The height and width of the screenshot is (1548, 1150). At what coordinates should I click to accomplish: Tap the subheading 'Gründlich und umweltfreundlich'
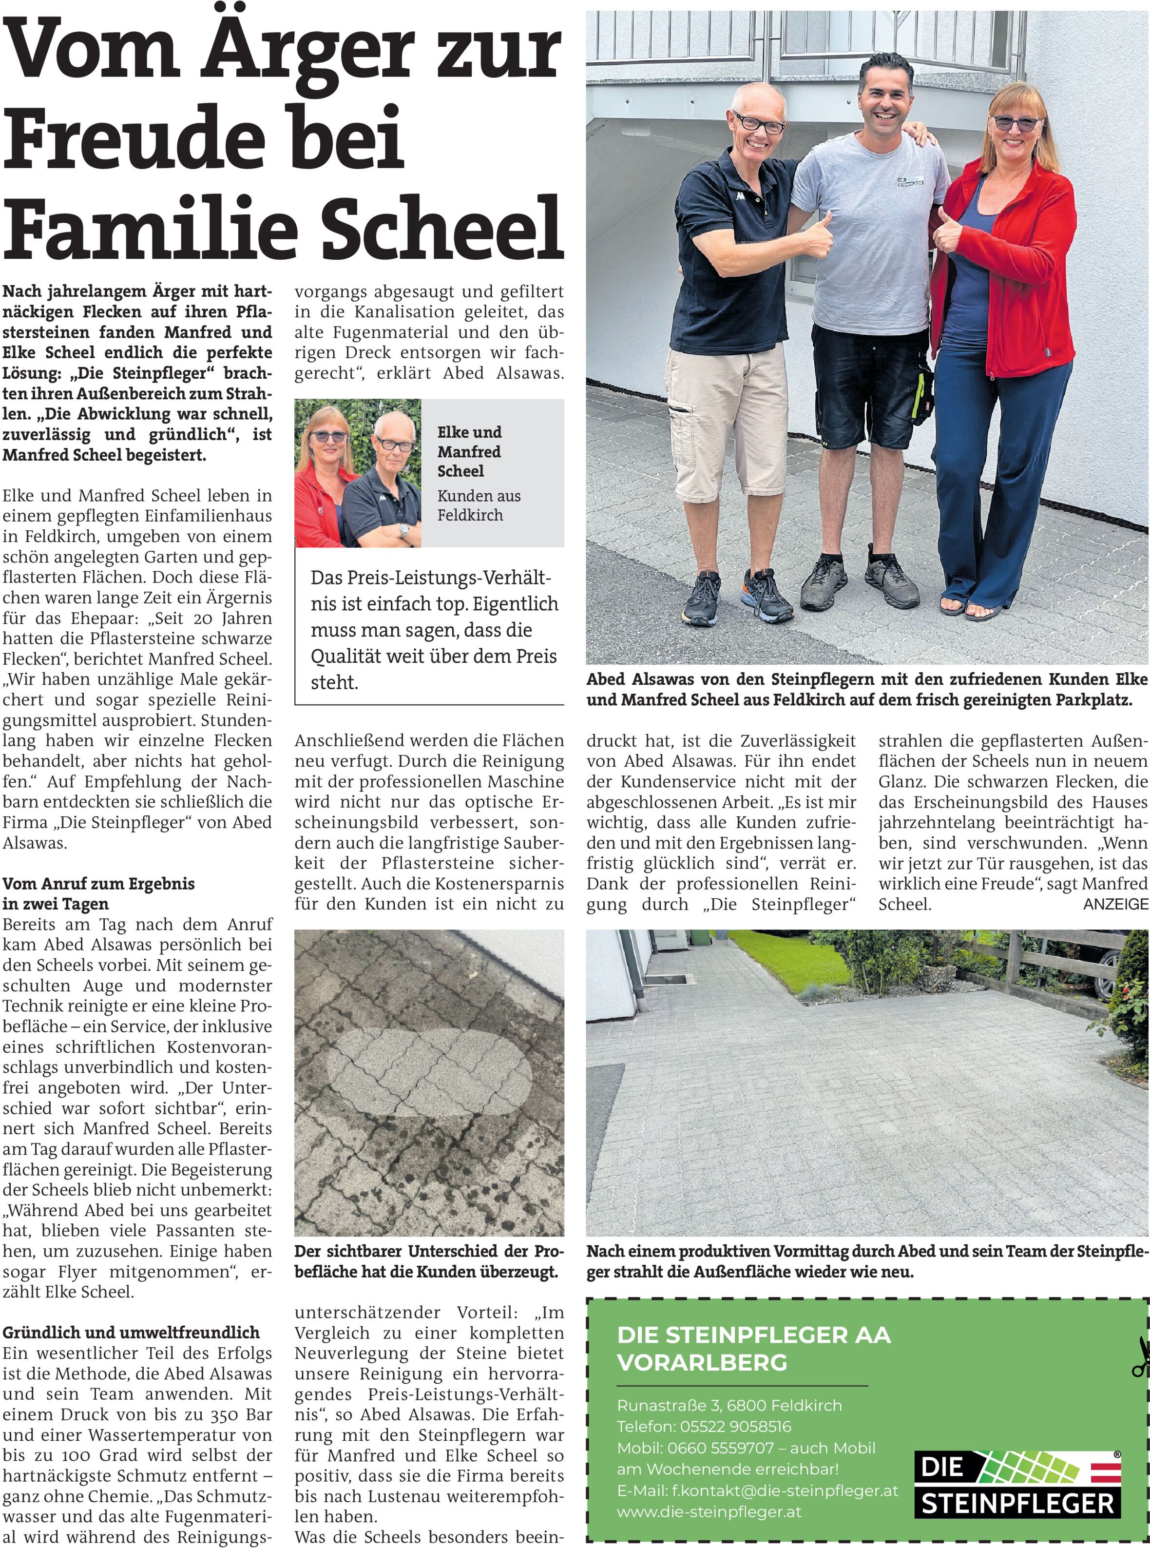[x=131, y=1332]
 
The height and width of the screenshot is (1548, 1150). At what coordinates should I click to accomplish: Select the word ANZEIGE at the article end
[x=1115, y=904]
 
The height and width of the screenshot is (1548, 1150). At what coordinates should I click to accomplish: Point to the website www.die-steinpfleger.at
[x=709, y=1512]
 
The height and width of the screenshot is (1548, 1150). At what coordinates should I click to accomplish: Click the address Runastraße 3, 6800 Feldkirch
[x=729, y=1405]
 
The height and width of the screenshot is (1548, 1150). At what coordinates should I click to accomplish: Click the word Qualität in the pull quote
[x=345, y=656]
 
